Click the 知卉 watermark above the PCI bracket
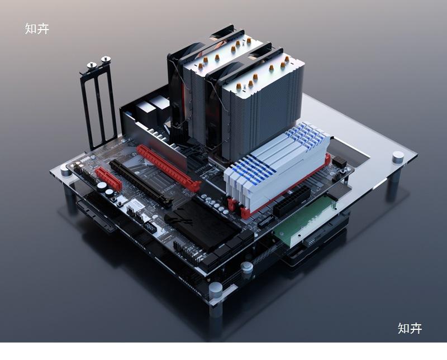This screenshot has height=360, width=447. coord(37,29)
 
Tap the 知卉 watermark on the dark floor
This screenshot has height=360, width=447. coord(410,328)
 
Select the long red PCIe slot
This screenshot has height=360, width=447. coord(169,168)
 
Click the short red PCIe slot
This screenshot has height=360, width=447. coord(108,179)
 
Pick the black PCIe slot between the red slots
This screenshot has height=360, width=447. coord(141,184)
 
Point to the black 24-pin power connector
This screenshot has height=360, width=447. coord(292,201)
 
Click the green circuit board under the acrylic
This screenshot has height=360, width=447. coord(304,219)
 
